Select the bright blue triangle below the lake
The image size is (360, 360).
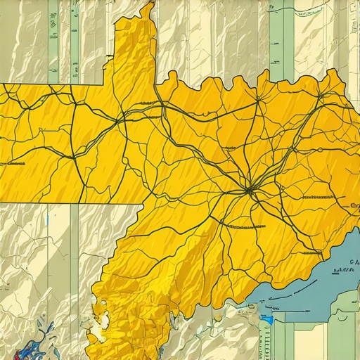[x=267, y=320]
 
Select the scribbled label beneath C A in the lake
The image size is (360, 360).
[x=345, y=269]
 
